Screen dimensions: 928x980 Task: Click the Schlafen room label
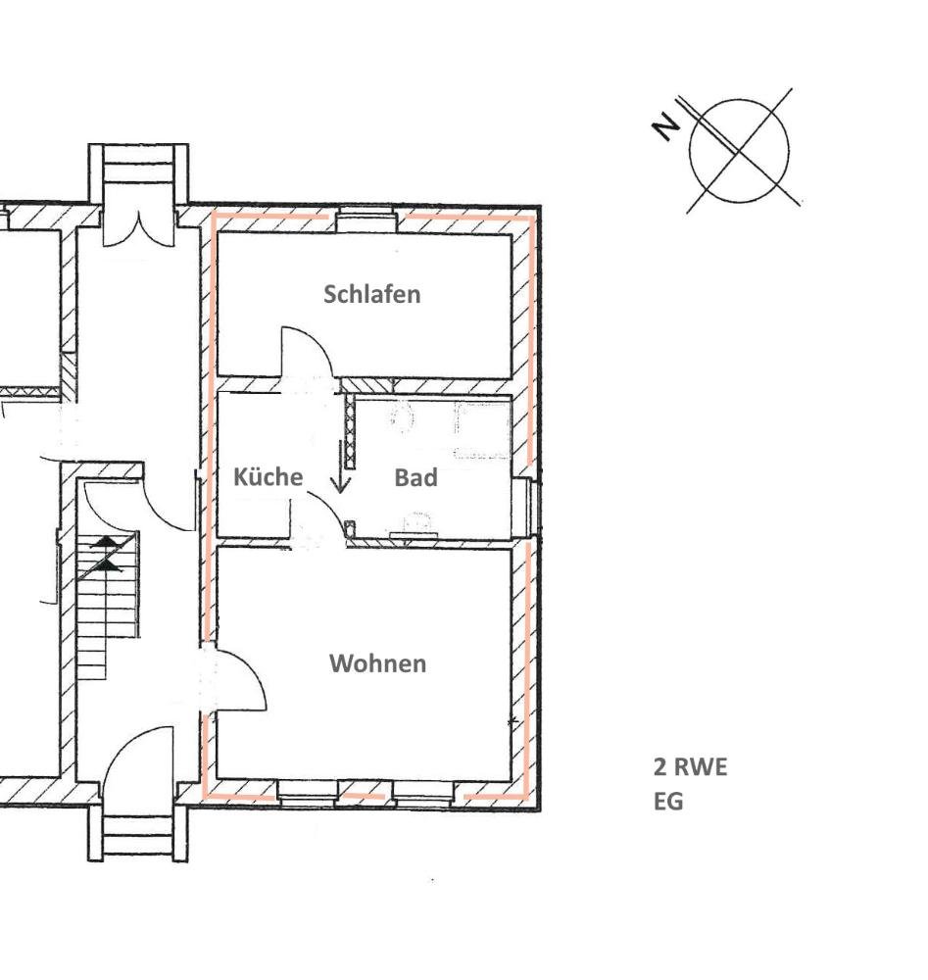coord(371,294)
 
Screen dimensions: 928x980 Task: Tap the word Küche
coord(269,477)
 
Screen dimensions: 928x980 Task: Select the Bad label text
coord(415,478)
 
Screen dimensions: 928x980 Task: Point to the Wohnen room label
coord(378,663)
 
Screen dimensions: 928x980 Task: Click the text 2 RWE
coord(691,767)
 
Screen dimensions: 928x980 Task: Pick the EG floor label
coord(668,802)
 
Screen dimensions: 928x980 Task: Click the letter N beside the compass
coord(665,127)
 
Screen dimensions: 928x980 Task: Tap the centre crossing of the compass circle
coord(739,151)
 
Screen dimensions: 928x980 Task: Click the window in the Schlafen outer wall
coord(366,221)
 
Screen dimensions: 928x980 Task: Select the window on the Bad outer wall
coord(528,507)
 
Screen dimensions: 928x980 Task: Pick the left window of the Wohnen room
coord(308,794)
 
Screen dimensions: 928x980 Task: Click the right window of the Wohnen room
coord(424,794)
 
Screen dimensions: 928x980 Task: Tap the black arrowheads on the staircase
coord(107,554)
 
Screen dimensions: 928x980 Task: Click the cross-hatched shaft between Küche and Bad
coord(349,431)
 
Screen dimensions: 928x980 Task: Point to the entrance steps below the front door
coord(137,834)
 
